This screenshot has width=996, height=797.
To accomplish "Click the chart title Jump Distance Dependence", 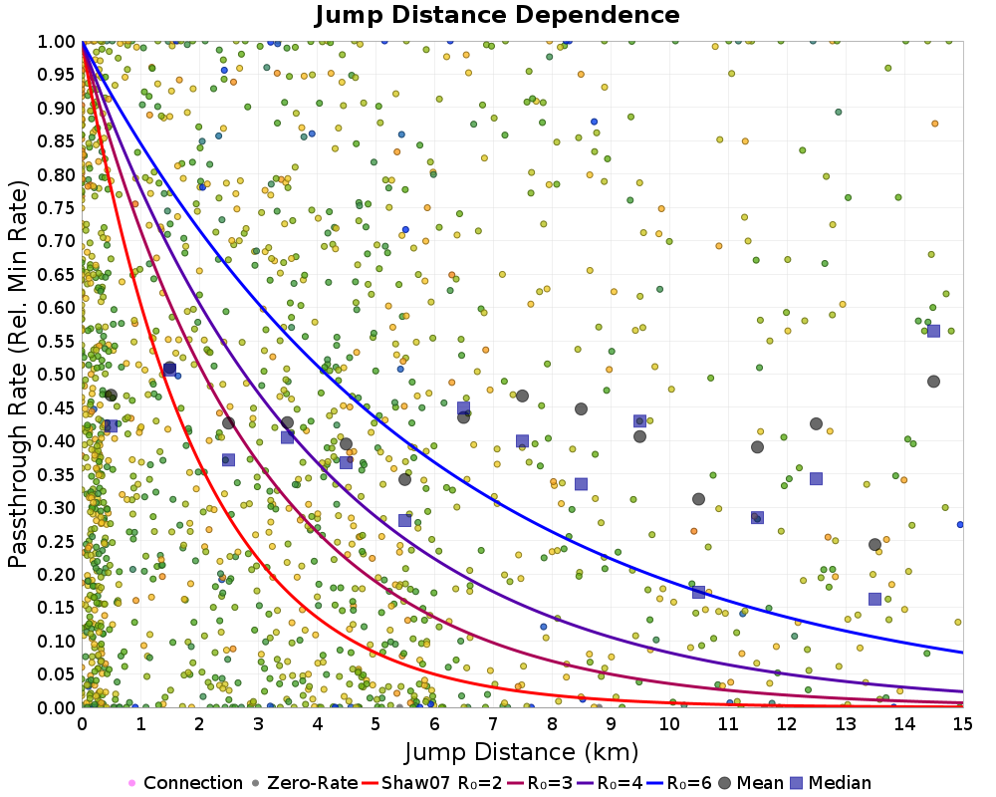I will pyautogui.click(x=497, y=16).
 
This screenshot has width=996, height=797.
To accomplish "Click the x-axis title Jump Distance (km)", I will pyautogui.click(x=521, y=750).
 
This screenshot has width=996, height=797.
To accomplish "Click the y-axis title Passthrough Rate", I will pyautogui.click(x=20, y=374).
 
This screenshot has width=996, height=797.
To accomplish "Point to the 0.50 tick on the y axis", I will pyautogui.click(x=59, y=374).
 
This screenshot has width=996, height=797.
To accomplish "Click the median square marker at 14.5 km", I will pyautogui.click(x=933, y=331).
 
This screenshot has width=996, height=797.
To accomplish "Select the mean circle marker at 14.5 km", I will pyautogui.click(x=933, y=382).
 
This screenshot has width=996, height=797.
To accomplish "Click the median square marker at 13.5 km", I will pyautogui.click(x=874, y=599).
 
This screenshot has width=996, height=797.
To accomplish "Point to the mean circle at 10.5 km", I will pyautogui.click(x=698, y=499).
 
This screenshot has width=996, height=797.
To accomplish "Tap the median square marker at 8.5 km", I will pyautogui.click(x=581, y=484).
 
